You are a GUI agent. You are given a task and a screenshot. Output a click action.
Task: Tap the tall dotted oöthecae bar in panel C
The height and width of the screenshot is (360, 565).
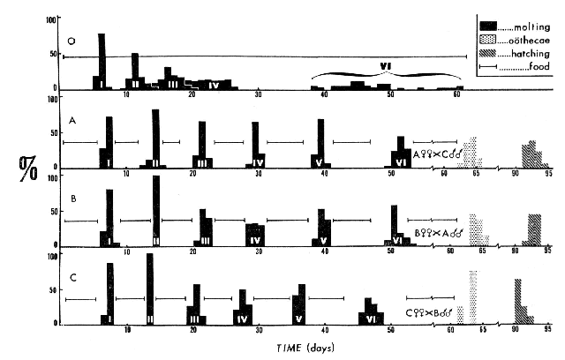coord(472,296)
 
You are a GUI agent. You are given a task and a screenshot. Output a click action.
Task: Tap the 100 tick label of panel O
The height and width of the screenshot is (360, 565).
coord(53,19)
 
